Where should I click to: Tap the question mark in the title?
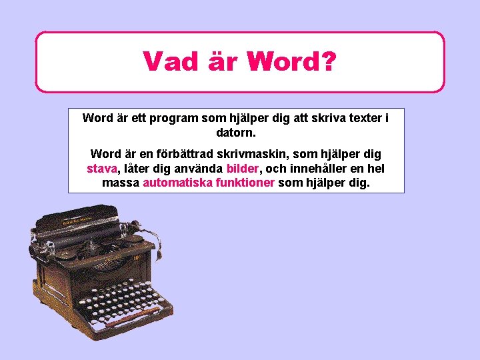point(327,62)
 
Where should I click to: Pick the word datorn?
point(236,133)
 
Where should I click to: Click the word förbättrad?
point(197,154)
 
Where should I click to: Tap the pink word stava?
point(102,168)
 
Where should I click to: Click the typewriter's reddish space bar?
point(137,321)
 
